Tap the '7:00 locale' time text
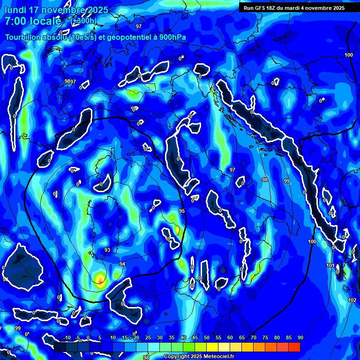point(33,21)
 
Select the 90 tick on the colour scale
point(300,338)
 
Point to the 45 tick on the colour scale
point(195,338)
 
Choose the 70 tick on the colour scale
point(254,338)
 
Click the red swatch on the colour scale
point(294,347)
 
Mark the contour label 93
point(107,250)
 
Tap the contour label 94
point(122,264)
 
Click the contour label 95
point(182,211)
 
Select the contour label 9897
point(70,82)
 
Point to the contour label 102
point(352,300)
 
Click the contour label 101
point(330,266)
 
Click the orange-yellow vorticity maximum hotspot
point(99,279)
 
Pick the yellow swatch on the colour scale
point(212,347)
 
